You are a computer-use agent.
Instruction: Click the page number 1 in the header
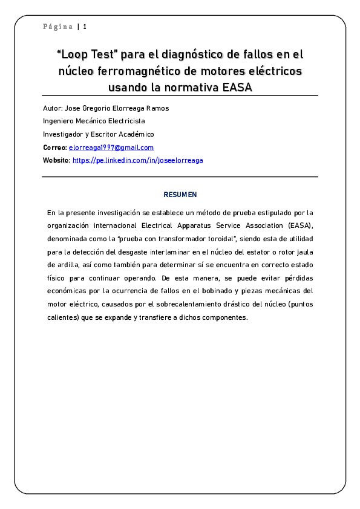pyautogui.click(x=85, y=27)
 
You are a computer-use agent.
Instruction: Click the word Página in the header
pyautogui.click(x=57, y=27)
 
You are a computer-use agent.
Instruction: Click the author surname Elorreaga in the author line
pyautogui.click(x=132, y=108)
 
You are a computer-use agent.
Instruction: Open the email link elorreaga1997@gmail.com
pyautogui.click(x=111, y=148)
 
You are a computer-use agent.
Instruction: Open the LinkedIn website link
pyautogui.click(x=138, y=160)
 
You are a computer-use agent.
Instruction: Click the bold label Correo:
pyautogui.click(x=54, y=148)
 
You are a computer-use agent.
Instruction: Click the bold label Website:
pyautogui.click(x=56, y=160)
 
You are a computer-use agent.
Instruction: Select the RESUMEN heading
pyautogui.click(x=180, y=195)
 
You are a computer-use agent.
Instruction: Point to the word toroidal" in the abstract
pyautogui.click(x=225, y=239)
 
